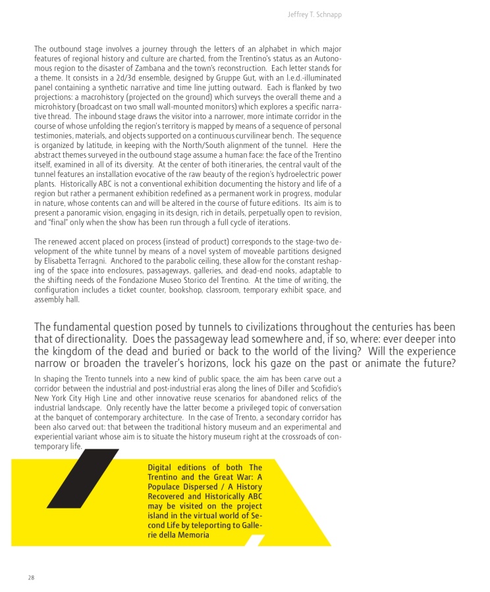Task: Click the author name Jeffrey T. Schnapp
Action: (x=314, y=14)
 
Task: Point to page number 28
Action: (x=31, y=578)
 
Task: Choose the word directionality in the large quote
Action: (x=113, y=339)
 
